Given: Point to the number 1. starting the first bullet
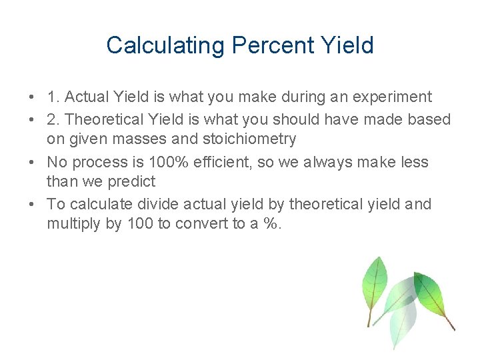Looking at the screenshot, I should click(x=53, y=97).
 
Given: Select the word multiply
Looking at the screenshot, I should click(x=70, y=223).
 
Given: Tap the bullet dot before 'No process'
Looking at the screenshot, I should click(x=33, y=162).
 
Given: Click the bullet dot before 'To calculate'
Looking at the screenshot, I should click(x=33, y=204).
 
